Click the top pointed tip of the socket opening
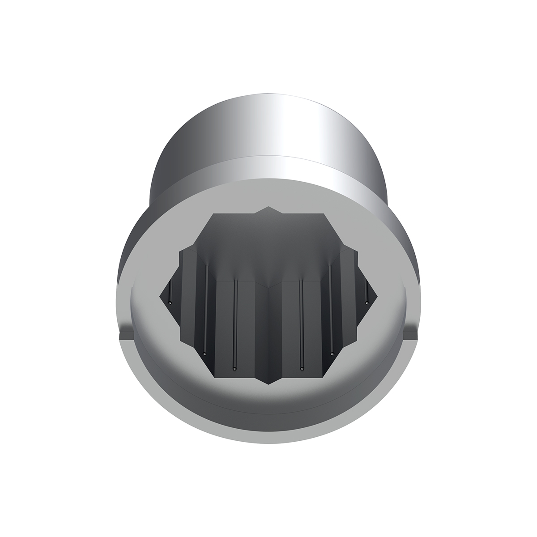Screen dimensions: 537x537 [x=268, y=207]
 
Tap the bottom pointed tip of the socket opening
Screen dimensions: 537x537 [x=268, y=384]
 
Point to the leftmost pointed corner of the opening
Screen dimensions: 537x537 [x=160, y=295]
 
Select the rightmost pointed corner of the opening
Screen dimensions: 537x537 [x=377, y=295]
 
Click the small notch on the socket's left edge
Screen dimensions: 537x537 [x=124, y=335]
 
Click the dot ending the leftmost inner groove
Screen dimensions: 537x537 [x=170, y=303]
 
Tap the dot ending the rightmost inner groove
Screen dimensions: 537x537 [x=367, y=303]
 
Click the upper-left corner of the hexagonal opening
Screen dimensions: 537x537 [x=214, y=214]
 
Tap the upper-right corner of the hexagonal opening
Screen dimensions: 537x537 [x=323, y=214]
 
